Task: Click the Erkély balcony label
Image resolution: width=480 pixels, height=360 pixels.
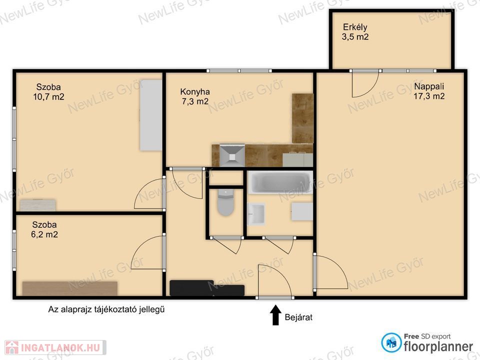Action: tap(355, 27)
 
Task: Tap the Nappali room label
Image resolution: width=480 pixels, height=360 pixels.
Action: tap(429, 86)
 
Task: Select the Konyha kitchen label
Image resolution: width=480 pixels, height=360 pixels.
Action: tap(195, 91)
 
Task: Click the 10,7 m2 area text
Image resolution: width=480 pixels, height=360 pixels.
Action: tap(48, 97)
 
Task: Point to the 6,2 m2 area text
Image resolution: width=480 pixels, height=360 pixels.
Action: tap(44, 234)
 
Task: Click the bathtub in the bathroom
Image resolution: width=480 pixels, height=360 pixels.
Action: tap(280, 182)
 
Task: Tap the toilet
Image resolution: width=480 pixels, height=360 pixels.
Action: tap(225, 202)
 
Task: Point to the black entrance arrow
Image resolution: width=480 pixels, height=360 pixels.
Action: tap(275, 315)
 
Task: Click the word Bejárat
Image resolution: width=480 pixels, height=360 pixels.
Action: tap(298, 317)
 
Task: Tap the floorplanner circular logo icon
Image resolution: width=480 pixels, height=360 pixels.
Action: tap(391, 342)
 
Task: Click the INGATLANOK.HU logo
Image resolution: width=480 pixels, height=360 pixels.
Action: tap(55, 348)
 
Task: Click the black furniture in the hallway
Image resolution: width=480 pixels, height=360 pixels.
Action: tap(207, 288)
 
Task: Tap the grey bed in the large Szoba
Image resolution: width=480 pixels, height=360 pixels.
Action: tap(151, 115)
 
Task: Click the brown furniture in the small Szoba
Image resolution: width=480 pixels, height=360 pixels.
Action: tap(70, 288)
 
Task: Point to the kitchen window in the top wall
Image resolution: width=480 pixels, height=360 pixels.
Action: tap(239, 70)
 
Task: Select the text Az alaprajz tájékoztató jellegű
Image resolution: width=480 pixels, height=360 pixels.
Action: tap(106, 309)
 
